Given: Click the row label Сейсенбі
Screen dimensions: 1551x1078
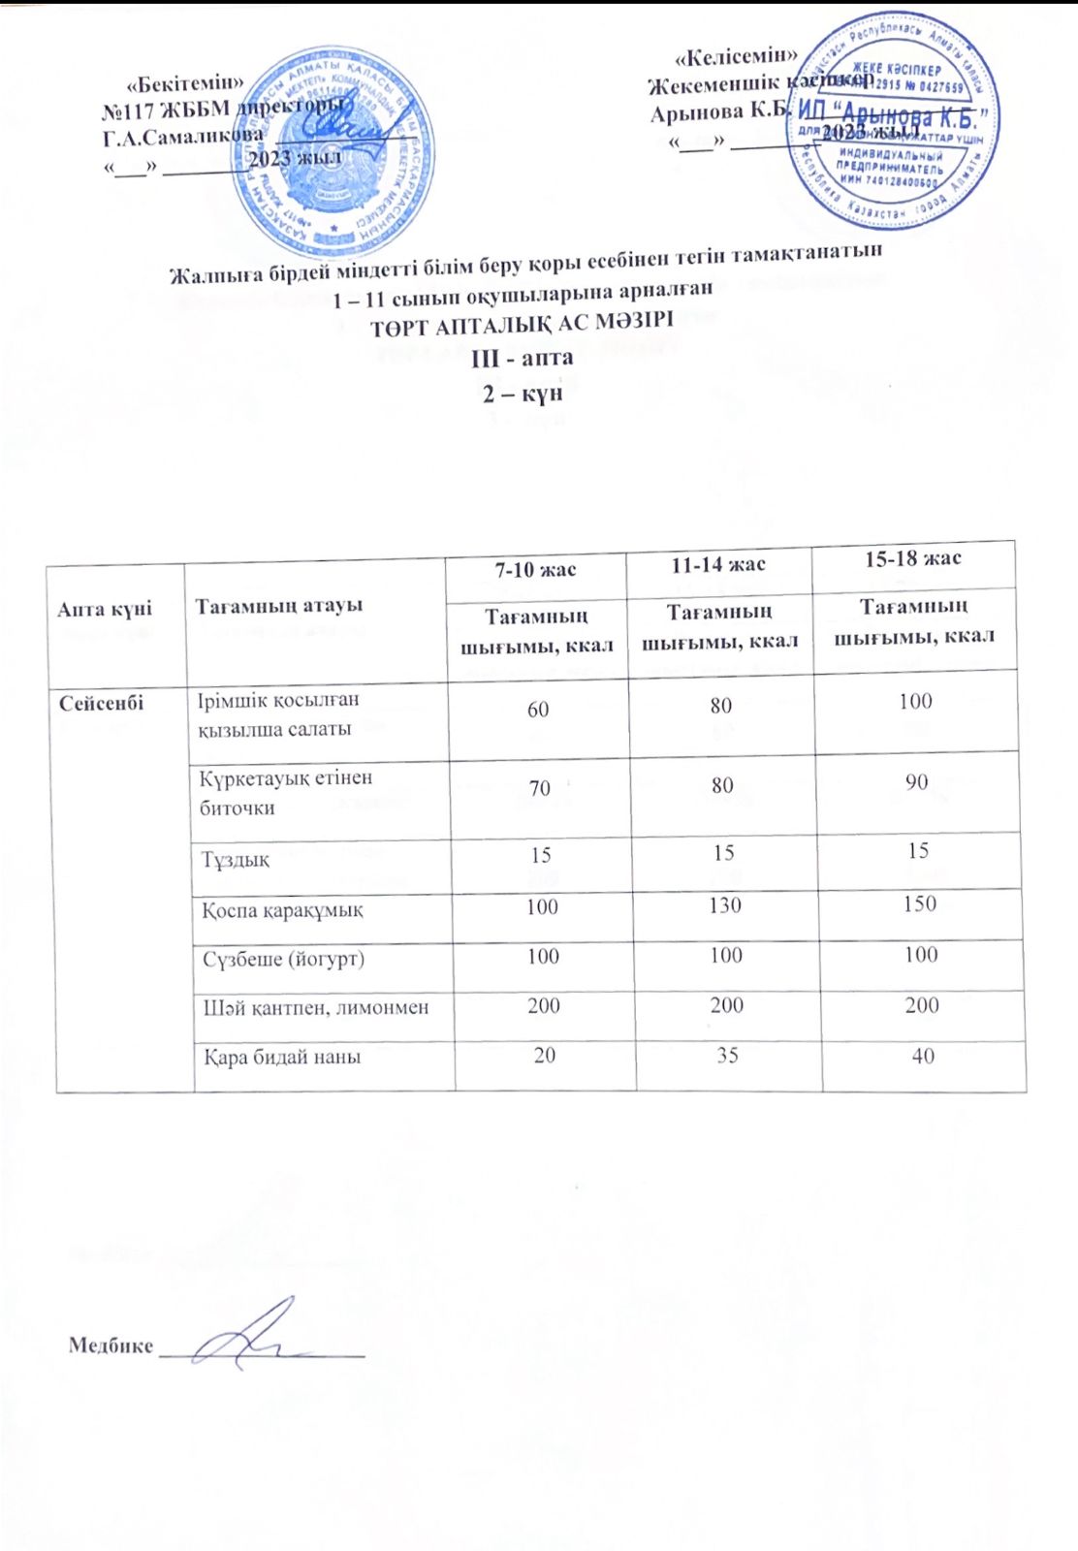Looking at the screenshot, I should (x=101, y=703).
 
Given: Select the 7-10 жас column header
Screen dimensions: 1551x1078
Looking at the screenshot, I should (x=535, y=570).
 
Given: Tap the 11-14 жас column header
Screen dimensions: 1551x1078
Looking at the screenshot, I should (x=718, y=565).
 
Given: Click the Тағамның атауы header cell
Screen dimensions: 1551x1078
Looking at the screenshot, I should (x=279, y=605).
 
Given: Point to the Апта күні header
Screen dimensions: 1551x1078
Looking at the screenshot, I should (x=105, y=609).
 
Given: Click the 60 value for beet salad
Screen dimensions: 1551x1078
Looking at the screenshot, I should (x=538, y=710).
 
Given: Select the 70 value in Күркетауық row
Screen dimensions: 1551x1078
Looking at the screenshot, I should (x=540, y=788).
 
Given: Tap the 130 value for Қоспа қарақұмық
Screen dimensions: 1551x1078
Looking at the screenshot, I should (x=725, y=905).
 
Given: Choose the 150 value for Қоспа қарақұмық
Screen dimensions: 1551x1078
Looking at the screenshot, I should (x=919, y=903).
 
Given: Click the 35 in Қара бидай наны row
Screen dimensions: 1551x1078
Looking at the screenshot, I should (x=728, y=1054).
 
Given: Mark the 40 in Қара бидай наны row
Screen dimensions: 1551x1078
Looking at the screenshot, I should (x=923, y=1056).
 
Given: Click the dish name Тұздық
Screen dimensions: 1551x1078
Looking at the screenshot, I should (x=236, y=860).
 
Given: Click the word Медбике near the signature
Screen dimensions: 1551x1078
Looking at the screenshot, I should (x=111, y=1345).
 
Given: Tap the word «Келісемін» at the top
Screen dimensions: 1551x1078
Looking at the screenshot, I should (x=736, y=54).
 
